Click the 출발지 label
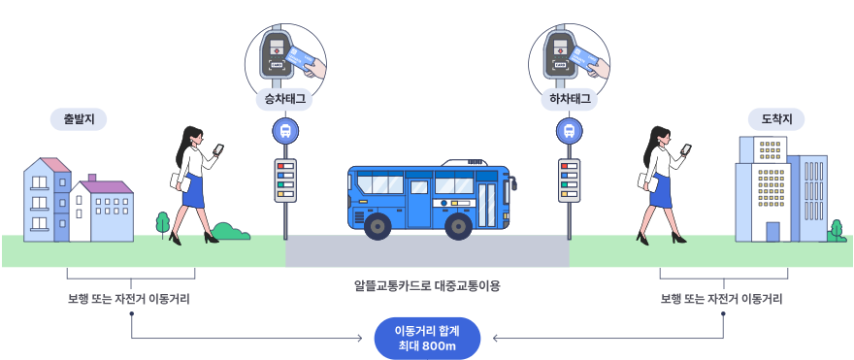[x=79, y=119]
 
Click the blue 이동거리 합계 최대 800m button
[x=426, y=339]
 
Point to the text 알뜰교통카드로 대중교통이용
[x=427, y=287]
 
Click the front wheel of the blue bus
[x=458, y=226]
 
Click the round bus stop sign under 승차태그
[x=284, y=130]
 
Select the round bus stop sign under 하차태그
[x=569, y=130]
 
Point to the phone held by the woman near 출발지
[x=218, y=149]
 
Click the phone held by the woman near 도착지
[x=686, y=149]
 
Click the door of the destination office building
[x=772, y=232]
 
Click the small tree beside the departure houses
[x=162, y=222]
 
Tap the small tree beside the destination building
[x=836, y=229]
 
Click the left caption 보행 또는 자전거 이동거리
[x=131, y=299]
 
